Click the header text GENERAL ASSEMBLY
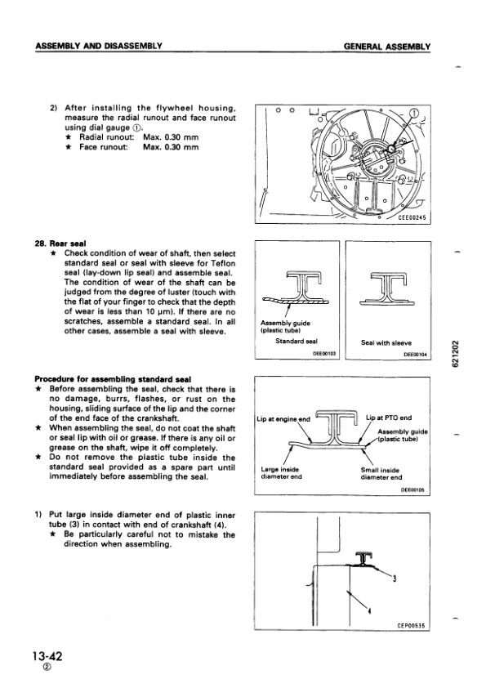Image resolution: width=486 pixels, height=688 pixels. (387, 46)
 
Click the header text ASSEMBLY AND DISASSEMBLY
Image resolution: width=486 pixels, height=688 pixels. (99, 46)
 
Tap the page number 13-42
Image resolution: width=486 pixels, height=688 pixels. (47, 656)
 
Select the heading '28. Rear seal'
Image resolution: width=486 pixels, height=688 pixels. (60, 243)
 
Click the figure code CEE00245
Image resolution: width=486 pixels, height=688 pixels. (412, 217)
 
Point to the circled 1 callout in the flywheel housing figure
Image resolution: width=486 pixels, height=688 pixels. (414, 113)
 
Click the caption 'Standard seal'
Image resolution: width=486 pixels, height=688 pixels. (296, 341)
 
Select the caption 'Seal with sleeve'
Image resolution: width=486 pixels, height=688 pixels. (386, 342)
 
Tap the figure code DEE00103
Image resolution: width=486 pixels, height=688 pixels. (324, 353)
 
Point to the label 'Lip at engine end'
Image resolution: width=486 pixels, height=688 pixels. (283, 419)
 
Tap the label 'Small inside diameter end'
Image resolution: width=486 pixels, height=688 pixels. (381, 473)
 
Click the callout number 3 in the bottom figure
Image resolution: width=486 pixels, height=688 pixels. (395, 579)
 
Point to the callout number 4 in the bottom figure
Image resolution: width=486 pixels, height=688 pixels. (369, 610)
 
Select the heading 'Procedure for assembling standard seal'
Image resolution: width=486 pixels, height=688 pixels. (113, 379)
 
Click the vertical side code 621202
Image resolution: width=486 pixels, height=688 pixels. (456, 354)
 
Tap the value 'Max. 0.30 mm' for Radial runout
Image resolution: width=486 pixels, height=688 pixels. (171, 137)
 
